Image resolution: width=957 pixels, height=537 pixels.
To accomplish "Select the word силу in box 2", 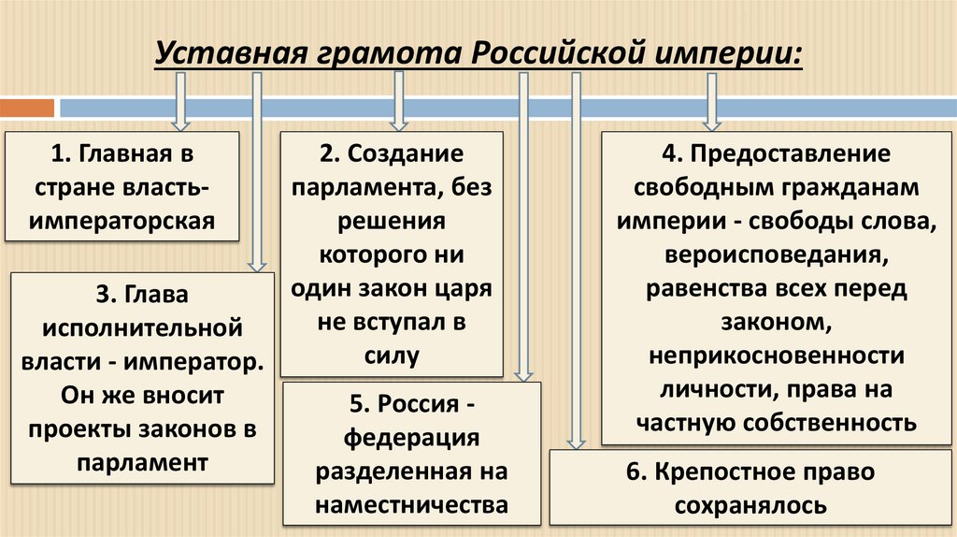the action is pos(393,355).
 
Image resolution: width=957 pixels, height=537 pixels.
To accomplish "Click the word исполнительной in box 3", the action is pos(141,328).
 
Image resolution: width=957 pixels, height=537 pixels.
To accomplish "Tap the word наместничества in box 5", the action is pos(411,504).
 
